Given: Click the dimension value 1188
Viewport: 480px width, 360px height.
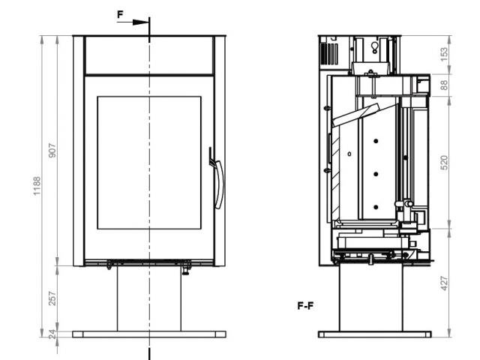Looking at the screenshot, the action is coord(37,186).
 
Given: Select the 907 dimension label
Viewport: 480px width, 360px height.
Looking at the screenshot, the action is coord(52,150).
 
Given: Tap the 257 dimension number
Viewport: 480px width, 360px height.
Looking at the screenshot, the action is coord(52,298).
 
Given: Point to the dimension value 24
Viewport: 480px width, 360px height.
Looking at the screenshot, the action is coord(53,334).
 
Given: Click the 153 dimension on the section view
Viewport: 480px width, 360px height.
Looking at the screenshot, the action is coord(444,54).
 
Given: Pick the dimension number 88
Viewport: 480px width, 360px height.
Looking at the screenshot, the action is coord(444,85).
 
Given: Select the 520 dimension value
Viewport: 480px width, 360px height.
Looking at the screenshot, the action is coord(444,163).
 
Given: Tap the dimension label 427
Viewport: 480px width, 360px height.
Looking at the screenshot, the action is coord(444,283).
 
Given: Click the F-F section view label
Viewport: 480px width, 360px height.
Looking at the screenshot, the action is coord(305,306).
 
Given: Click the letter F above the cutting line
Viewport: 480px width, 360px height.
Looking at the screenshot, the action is coord(120,14).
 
